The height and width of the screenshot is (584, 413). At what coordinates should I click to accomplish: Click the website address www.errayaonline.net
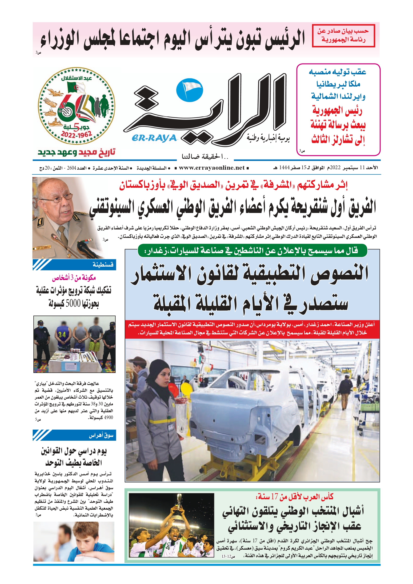(212, 168)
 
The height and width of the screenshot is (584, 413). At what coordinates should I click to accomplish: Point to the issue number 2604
(72, 168)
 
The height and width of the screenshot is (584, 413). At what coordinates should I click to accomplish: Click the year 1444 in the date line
(285, 168)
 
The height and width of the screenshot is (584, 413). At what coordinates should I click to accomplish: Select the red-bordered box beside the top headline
(343, 36)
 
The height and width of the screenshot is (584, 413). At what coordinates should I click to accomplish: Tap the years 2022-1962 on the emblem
(76, 134)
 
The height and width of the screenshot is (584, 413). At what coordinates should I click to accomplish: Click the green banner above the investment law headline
(252, 251)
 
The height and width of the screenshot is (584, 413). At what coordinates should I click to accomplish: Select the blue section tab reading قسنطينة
(74, 265)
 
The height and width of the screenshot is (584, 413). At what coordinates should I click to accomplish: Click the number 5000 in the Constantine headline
(73, 303)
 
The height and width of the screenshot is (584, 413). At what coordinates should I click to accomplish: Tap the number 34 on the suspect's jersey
(62, 335)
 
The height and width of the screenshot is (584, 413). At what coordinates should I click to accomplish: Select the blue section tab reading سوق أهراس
(74, 435)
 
